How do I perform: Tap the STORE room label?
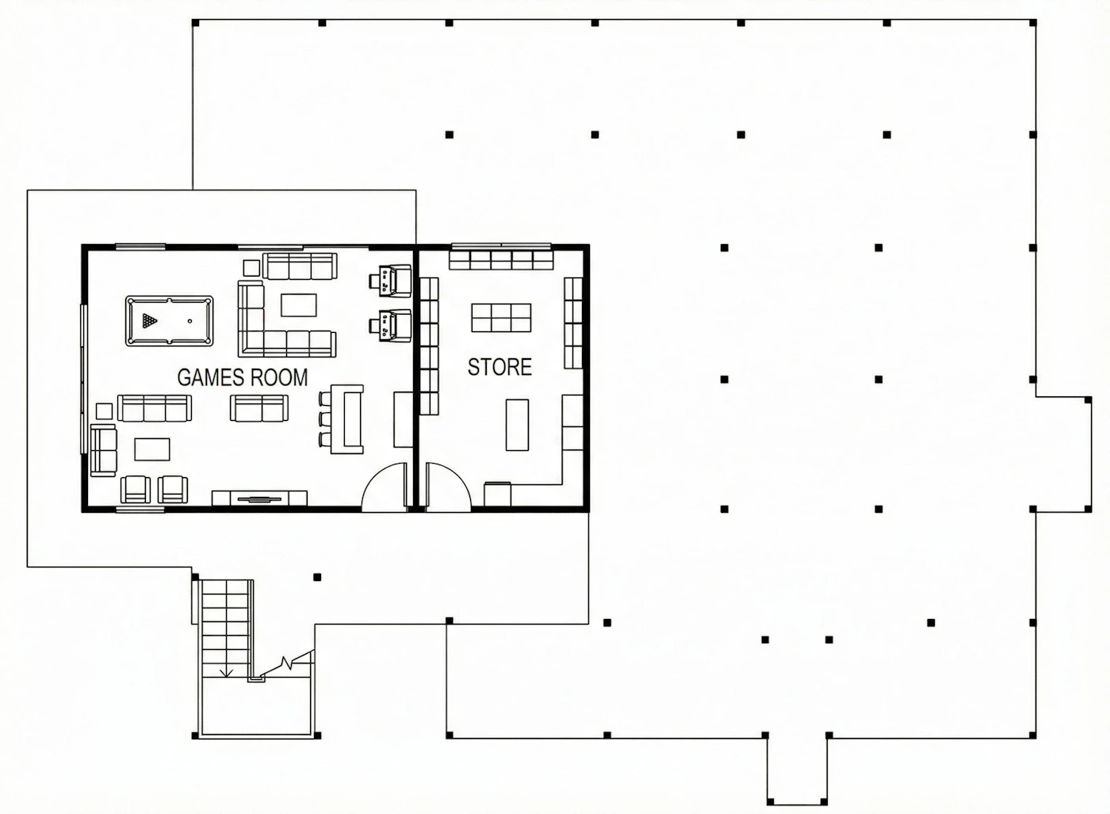coord(499,367)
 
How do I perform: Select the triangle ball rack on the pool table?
coord(150,320)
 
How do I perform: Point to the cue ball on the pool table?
coord(189,321)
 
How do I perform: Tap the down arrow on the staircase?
coord(227,672)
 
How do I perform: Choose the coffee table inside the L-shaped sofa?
coord(298,304)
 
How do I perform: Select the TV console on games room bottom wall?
coord(259,498)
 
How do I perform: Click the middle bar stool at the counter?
coord(323,418)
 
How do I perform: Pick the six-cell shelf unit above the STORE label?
coord(501,318)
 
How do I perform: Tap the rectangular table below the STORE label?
coord(517,425)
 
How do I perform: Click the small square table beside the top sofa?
coord(251,268)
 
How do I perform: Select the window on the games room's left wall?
coord(84,379)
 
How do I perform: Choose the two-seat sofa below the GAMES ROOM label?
coord(259,407)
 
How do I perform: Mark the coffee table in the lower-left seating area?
coord(152,449)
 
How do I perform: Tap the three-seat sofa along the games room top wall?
coord(300,266)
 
